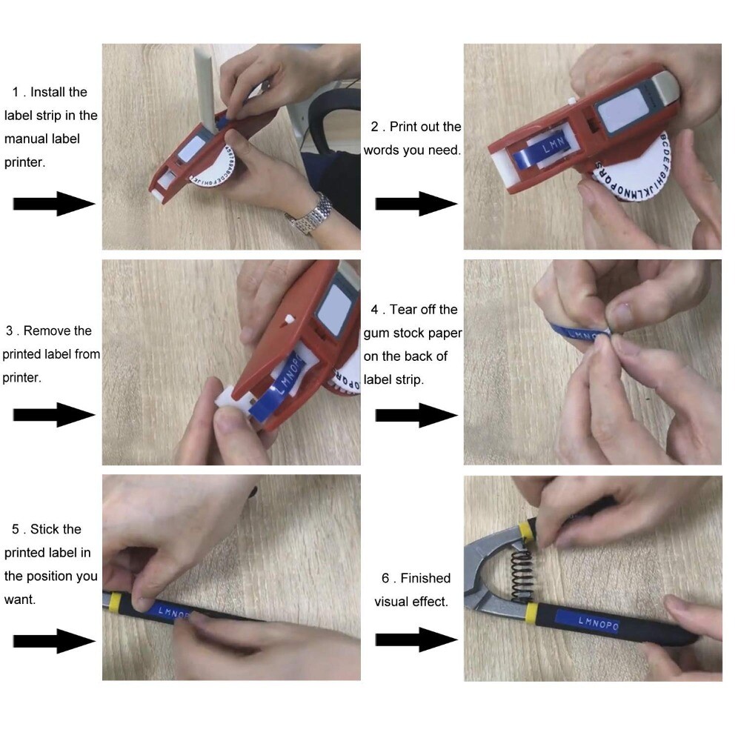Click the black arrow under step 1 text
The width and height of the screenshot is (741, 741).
(x=53, y=203)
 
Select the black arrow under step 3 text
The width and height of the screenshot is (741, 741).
(x=53, y=415)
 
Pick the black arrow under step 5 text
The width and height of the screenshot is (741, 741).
(x=53, y=640)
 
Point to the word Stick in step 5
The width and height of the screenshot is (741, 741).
(x=45, y=530)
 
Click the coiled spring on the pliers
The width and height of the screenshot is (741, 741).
(x=521, y=570)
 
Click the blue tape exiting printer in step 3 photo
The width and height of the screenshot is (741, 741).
(x=274, y=393)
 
